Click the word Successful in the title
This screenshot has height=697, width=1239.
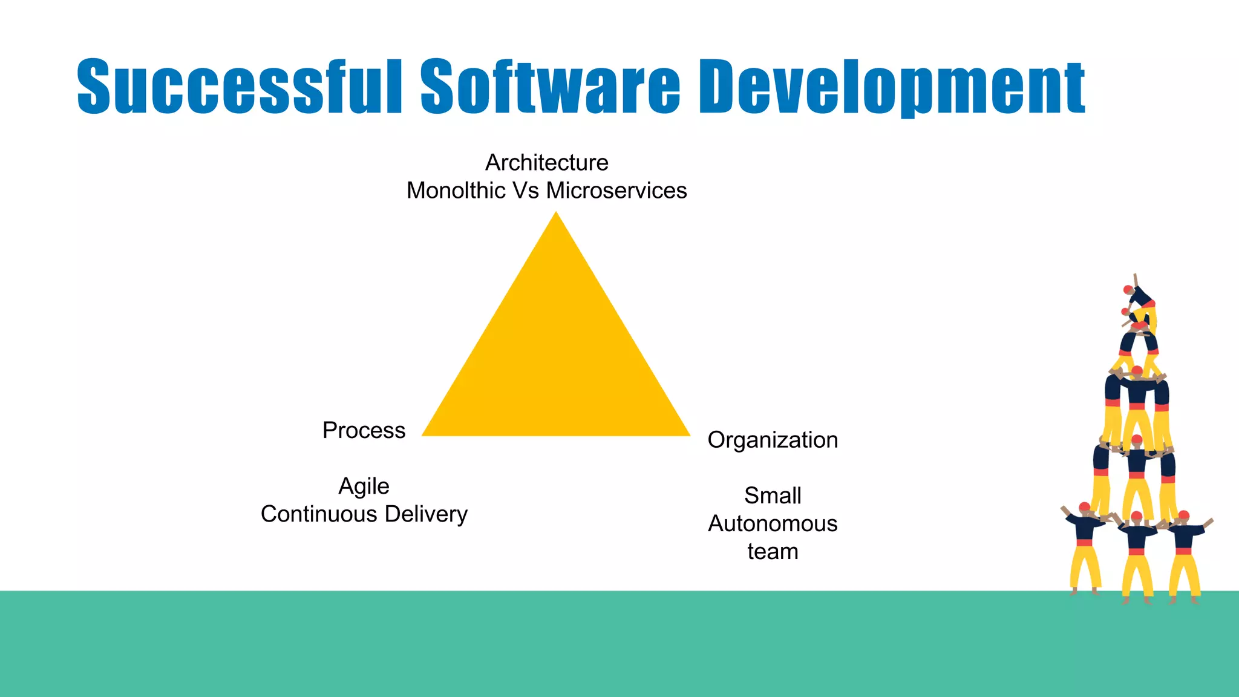239,86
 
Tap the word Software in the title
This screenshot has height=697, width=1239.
550,86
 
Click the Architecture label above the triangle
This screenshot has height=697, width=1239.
547,162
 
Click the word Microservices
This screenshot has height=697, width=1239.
616,191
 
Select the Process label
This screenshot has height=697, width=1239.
364,430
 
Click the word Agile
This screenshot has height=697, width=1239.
364,486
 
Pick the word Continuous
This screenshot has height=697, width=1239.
319,514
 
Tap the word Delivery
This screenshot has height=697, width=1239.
426,514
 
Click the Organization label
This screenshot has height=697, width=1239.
773,440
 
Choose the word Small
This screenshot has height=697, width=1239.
773,496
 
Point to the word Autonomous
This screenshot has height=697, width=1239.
773,523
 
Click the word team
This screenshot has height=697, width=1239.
773,552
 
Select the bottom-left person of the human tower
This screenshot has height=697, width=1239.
1085,545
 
